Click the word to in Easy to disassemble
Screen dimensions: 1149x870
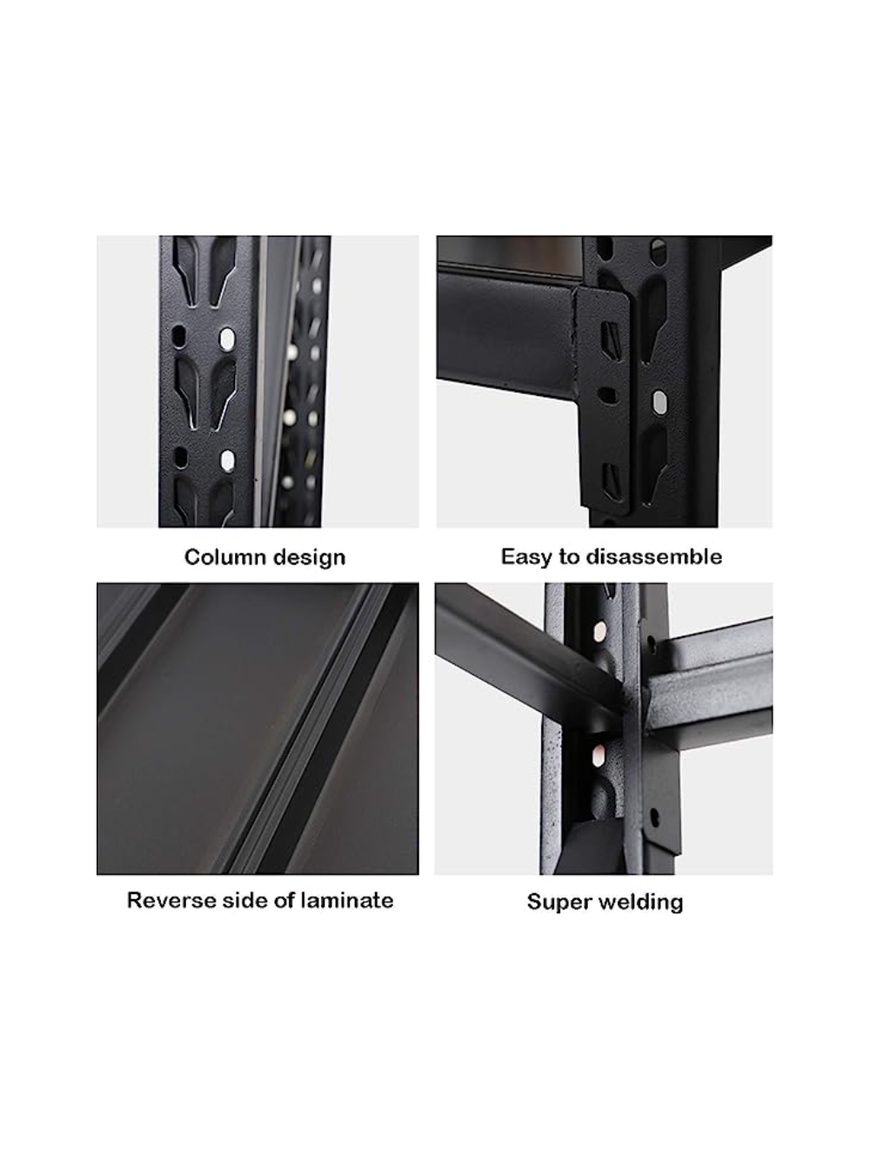571,556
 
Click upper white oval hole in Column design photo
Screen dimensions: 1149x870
228,337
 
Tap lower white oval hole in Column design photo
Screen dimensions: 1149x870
228,459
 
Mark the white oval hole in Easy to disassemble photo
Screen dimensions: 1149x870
659,401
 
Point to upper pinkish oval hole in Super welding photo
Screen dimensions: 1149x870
599,628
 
